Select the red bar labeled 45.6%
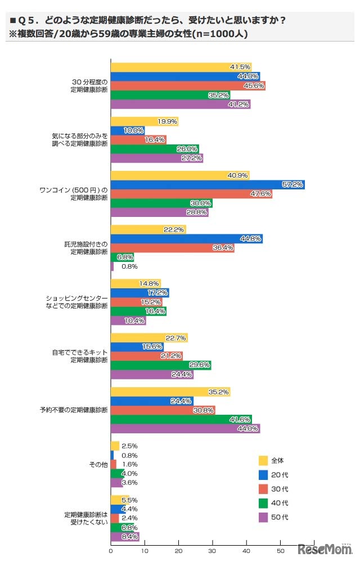click(187, 86)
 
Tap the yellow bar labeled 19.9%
click(144, 121)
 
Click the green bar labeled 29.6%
click(160, 365)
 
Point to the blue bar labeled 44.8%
click(186, 239)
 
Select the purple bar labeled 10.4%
click(128, 321)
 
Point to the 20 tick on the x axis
click(178, 550)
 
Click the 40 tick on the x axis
click(246, 550)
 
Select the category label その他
click(100, 465)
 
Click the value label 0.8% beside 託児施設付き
click(130, 266)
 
